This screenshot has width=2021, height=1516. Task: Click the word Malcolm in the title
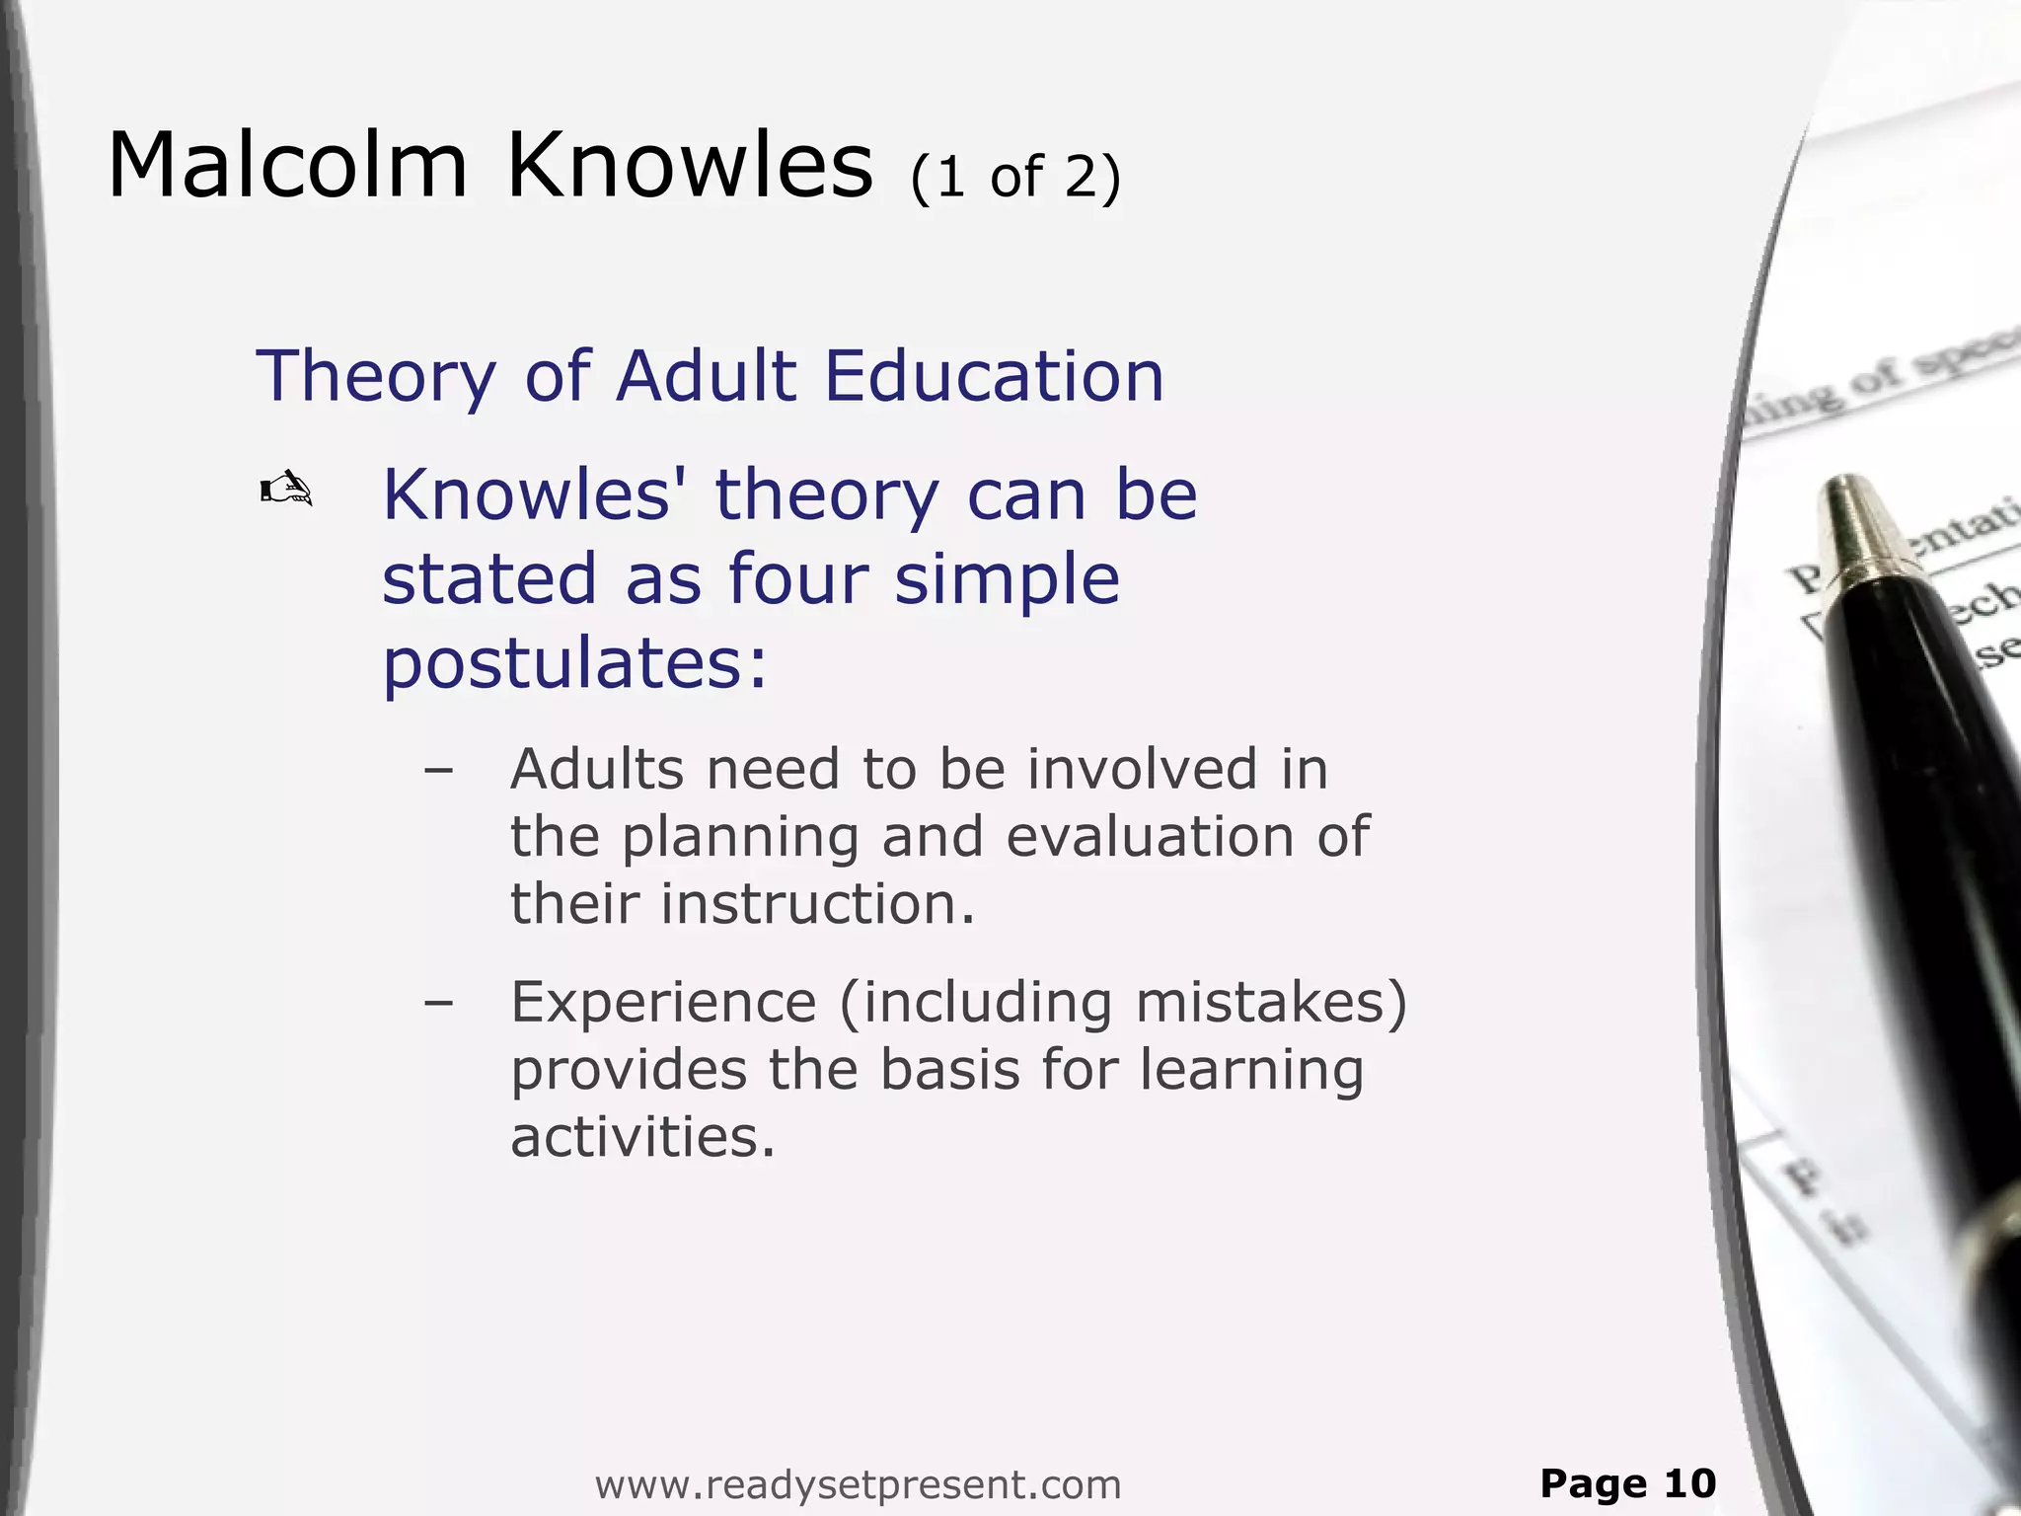287,166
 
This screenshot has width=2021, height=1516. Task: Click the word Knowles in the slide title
690,166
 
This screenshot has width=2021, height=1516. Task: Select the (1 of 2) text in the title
1015,178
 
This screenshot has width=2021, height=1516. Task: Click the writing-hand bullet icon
286,490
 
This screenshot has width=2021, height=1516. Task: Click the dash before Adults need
437,771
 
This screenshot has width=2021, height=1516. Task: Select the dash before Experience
437,1004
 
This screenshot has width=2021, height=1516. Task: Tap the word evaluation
1149,837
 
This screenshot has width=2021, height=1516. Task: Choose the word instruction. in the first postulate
817,904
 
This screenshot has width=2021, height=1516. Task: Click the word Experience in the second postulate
663,1003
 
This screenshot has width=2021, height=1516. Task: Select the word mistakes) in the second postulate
1271,1003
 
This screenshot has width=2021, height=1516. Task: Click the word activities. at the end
642,1137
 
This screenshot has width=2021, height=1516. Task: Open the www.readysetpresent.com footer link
858,1484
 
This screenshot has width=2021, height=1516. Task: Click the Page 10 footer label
1628,1483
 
